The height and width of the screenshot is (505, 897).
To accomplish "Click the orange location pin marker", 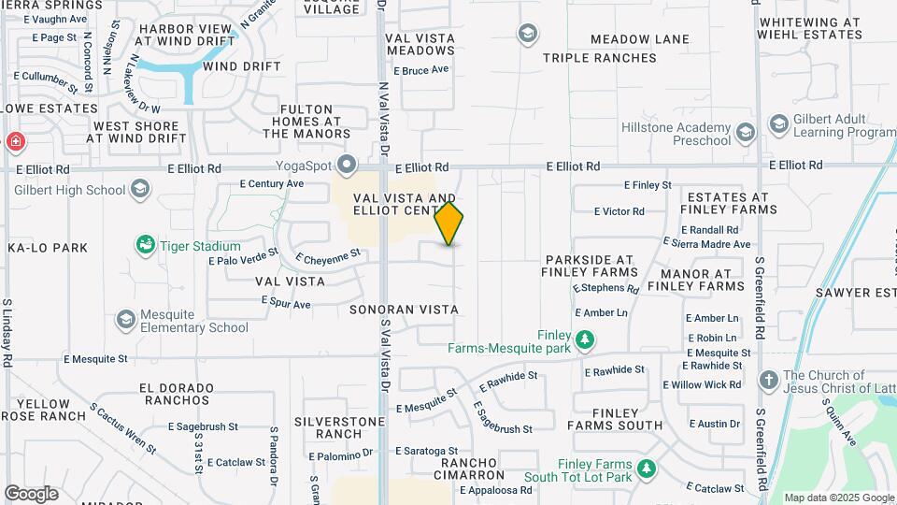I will pyautogui.click(x=449, y=224).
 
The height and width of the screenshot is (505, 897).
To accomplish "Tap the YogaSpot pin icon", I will pyautogui.click(x=348, y=166).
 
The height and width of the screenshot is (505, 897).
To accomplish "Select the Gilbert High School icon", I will pyautogui.click(x=139, y=190).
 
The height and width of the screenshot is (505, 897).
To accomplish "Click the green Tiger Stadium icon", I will pyautogui.click(x=145, y=245).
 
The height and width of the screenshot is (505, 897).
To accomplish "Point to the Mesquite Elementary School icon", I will pyautogui.click(x=125, y=320).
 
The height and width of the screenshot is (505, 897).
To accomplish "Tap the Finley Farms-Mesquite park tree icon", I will pyautogui.click(x=585, y=339).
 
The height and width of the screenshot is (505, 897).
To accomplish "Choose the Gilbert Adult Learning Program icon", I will pyautogui.click(x=778, y=124).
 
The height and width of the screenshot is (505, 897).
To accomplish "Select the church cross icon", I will pyautogui.click(x=768, y=381).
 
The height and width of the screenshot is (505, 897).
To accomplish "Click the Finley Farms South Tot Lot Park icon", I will pyautogui.click(x=645, y=469).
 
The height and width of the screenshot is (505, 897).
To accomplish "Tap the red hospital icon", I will pyautogui.click(x=15, y=142).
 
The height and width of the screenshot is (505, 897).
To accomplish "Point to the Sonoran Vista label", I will pyautogui.click(x=405, y=309).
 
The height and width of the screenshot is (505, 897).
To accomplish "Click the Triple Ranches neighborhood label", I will pyautogui.click(x=599, y=58).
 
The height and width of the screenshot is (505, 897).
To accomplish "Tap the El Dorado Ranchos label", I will pyautogui.click(x=175, y=394).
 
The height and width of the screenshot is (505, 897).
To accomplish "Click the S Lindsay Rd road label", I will pyautogui.click(x=7, y=332).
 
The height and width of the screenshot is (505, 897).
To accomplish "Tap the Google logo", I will pyautogui.click(x=31, y=494).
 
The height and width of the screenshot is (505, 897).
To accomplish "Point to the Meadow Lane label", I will pyautogui.click(x=640, y=40).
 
